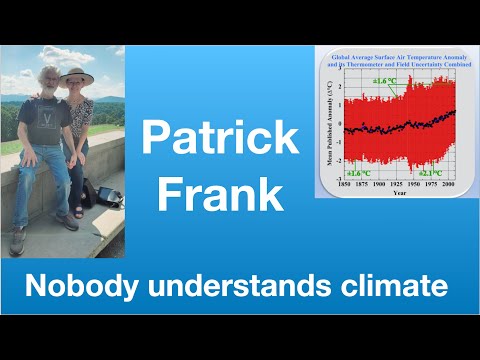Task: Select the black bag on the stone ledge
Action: pos(105,193)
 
